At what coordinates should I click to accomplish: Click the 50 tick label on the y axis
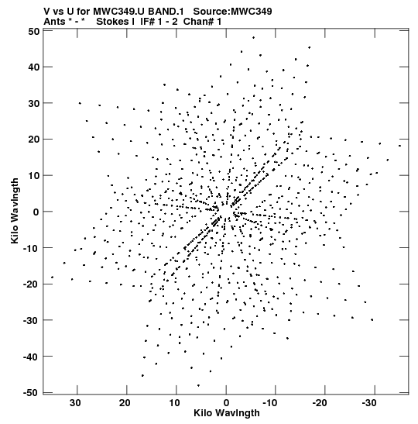coord(34,32)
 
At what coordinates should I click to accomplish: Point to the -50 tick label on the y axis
coord(31,393)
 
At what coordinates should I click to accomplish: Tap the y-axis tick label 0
coord(36,212)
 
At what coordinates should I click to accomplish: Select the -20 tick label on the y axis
coord(31,284)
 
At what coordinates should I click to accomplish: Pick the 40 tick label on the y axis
coord(34,67)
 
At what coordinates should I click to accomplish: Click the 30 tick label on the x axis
coord(75,403)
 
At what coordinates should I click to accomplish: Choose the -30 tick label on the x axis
coord(369,403)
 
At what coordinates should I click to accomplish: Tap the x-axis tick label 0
coord(226,403)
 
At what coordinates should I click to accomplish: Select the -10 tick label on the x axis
coord(270,403)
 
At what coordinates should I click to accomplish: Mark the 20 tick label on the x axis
coord(125,403)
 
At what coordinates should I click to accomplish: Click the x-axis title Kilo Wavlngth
coord(227,413)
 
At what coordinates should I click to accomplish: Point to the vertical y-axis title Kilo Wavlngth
coord(15,211)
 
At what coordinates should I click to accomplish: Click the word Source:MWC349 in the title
coord(233,12)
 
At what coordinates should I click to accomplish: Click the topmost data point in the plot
coord(253,37)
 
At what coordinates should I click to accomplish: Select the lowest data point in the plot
coord(198,385)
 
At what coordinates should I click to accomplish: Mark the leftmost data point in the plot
coord(52,277)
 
